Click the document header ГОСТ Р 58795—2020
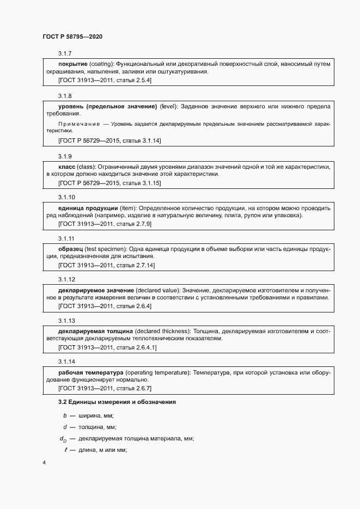(72, 36)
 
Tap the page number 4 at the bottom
(44, 463)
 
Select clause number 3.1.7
(65, 53)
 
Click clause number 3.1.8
(65, 95)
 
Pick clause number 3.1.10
(67, 197)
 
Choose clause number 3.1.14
(67, 361)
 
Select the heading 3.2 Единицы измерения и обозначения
(117, 402)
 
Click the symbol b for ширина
(65, 415)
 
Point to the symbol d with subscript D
(63, 439)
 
